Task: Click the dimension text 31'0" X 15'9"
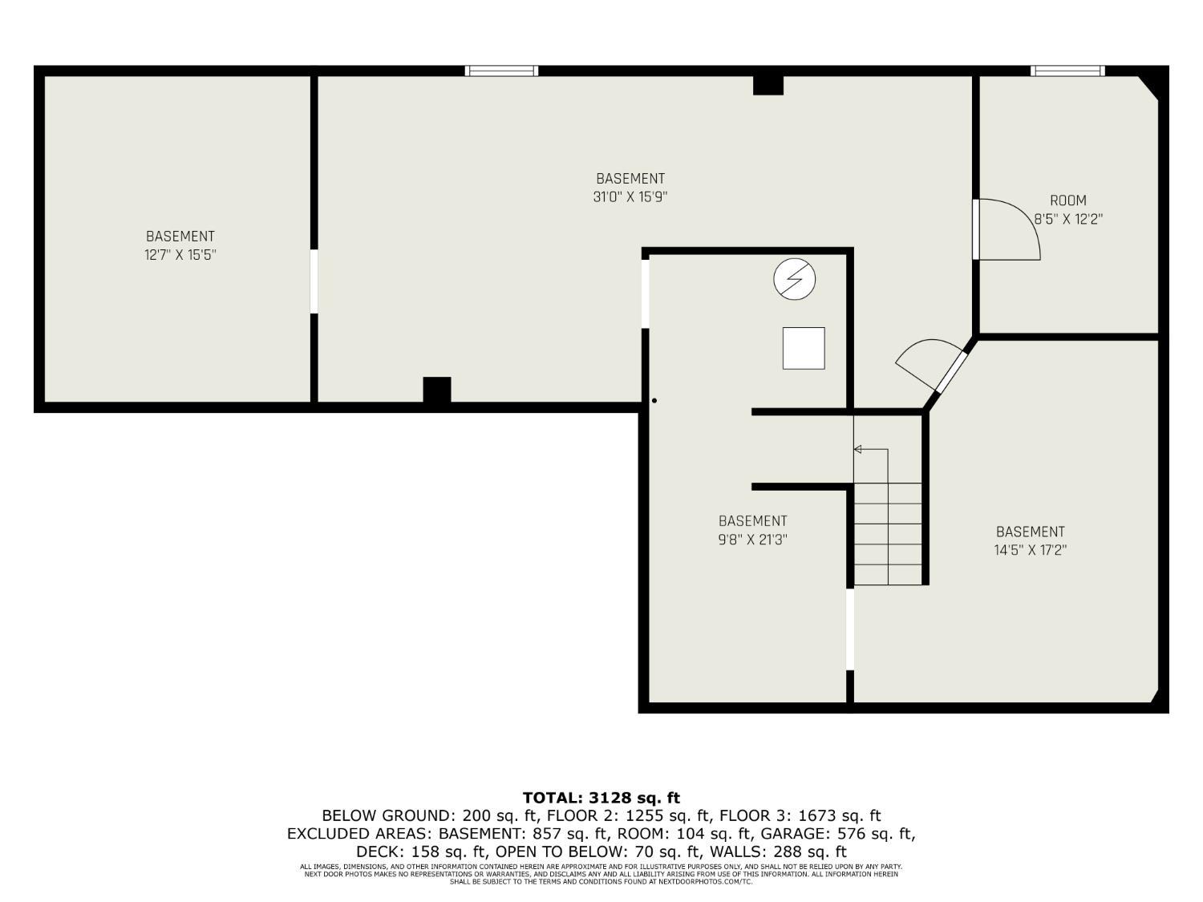630,196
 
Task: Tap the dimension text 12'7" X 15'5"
180,255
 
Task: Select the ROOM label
1067,200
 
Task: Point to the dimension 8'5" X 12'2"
1067,218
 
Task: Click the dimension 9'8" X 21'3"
752,540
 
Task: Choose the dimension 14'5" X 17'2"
1030,550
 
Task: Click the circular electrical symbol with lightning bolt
794,279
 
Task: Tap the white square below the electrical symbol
804,348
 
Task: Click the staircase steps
887,534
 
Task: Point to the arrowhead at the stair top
857,449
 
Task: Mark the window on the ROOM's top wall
1067,71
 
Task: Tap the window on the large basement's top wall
501,71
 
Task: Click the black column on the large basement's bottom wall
437,390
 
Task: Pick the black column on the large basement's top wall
768,85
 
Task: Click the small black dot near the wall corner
654,400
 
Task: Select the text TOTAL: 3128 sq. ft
601,798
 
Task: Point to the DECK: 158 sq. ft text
422,851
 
